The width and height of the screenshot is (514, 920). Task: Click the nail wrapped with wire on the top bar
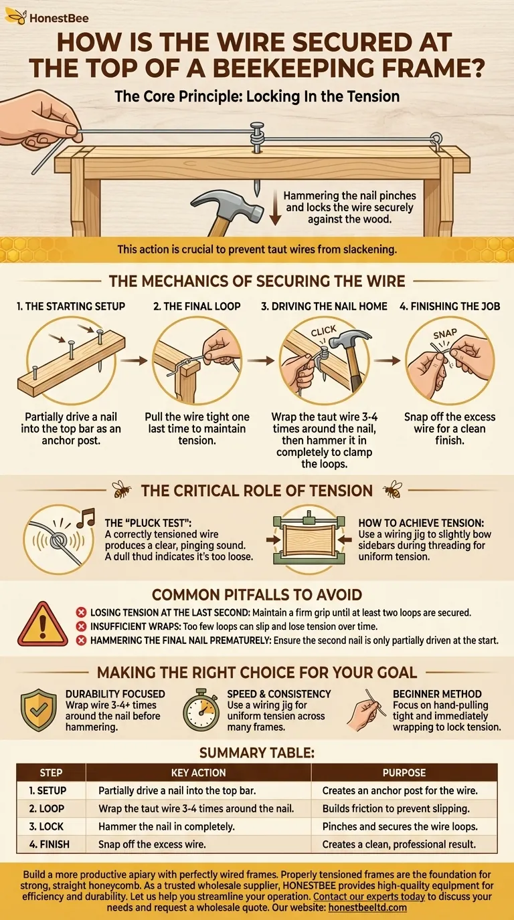(x=257, y=138)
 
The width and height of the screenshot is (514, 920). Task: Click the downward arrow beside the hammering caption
(x=275, y=207)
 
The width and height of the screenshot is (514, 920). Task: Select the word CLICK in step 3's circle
(x=324, y=330)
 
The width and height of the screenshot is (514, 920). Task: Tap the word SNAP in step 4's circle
(x=445, y=334)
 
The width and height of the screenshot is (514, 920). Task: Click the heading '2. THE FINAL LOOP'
(x=197, y=306)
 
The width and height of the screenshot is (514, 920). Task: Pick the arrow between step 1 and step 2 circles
(x=134, y=360)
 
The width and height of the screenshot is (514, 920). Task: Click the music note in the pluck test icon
(x=86, y=518)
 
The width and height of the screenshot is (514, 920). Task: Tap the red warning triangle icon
(x=42, y=624)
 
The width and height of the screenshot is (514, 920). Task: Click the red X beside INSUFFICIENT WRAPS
(x=81, y=626)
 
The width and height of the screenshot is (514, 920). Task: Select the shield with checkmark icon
(x=39, y=709)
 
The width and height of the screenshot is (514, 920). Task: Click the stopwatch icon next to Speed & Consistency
(x=201, y=709)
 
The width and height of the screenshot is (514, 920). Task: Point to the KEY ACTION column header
(x=198, y=772)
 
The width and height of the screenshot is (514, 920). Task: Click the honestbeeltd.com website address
(x=367, y=907)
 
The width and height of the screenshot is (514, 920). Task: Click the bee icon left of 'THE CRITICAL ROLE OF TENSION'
(x=122, y=489)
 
